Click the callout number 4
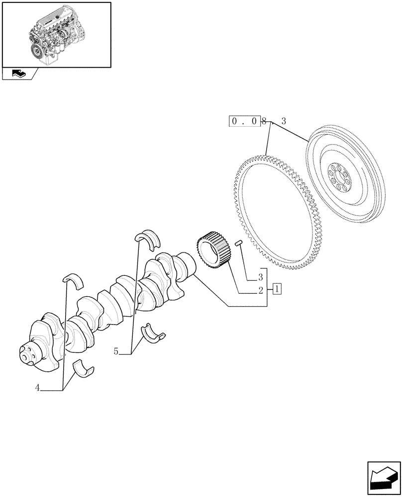click(37, 388)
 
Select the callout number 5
click(116, 351)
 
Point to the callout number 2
click(260, 292)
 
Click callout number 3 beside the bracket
click(260, 276)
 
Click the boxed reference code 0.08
click(245, 121)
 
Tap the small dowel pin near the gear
click(238, 243)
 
